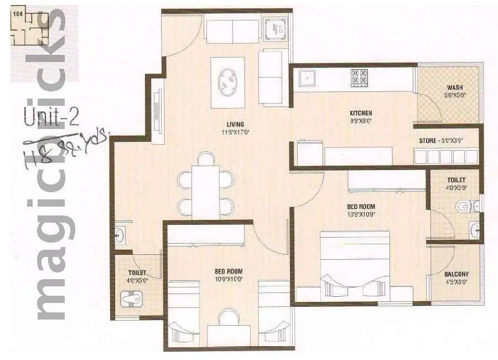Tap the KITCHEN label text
[x=360, y=113]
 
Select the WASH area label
[x=455, y=88]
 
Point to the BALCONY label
[x=456, y=274]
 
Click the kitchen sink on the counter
[x=306, y=78]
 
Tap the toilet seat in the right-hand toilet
[x=464, y=207]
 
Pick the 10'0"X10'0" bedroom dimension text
[x=229, y=280]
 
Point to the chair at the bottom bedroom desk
[x=228, y=318]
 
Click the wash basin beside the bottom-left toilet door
[x=118, y=235]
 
